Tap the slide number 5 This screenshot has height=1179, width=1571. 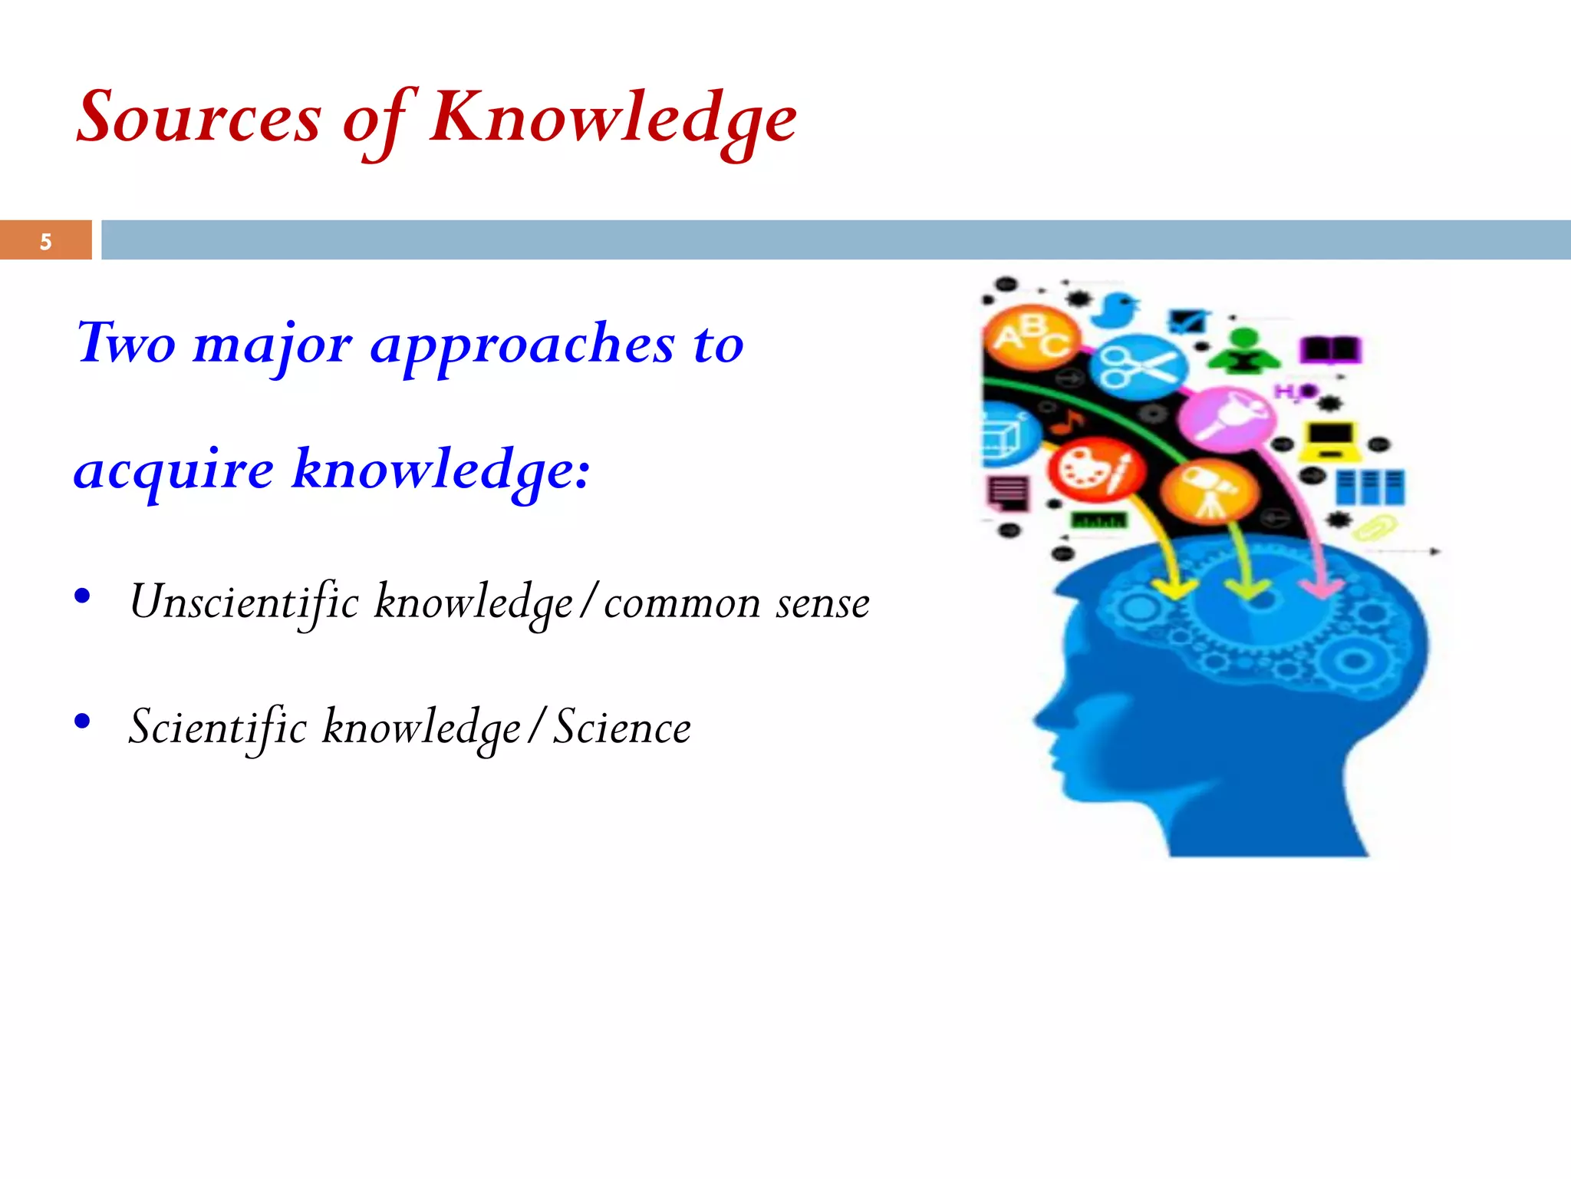[x=46, y=242]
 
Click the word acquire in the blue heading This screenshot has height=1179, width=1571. [x=174, y=470]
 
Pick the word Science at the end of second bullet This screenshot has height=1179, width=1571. [x=622, y=728]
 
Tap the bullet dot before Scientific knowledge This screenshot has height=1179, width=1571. [x=83, y=721]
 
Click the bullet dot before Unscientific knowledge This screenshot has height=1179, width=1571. [x=83, y=596]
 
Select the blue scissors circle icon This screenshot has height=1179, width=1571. [x=1138, y=366]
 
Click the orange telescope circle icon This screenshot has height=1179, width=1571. [x=1209, y=491]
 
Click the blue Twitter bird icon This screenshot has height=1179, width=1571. [x=1116, y=309]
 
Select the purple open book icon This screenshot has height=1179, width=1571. [x=1329, y=350]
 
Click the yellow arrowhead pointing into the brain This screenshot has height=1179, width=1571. [x=1173, y=589]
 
